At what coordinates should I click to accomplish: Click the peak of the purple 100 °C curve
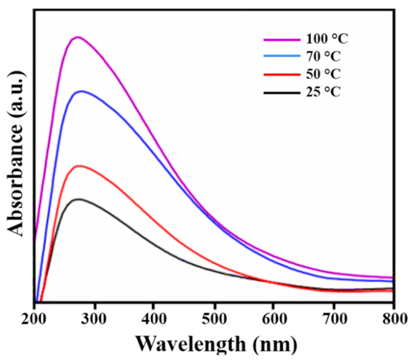click(x=78, y=37)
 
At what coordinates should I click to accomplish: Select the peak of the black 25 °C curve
click(x=78, y=199)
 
